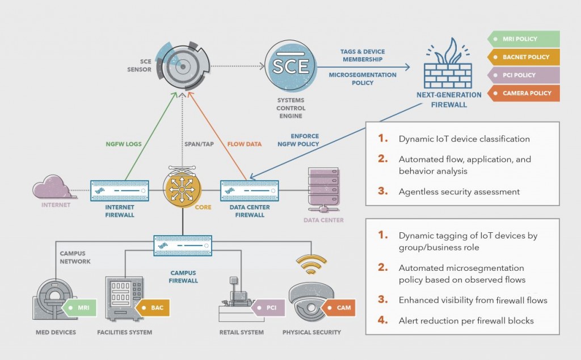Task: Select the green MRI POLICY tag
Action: tap(523, 39)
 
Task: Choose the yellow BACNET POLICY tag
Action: tap(523, 57)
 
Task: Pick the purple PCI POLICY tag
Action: tap(523, 75)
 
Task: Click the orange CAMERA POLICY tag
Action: tap(523, 93)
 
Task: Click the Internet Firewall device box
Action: tap(120, 190)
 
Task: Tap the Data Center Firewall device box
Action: tap(249, 190)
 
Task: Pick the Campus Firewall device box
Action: tap(182, 246)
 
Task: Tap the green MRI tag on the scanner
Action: tap(81, 308)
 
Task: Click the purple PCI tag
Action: tap(267, 308)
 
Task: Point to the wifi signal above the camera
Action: tap(311, 264)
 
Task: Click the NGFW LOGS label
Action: tap(124, 144)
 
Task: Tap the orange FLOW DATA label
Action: tap(245, 144)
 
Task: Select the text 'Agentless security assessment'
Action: tap(459, 191)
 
